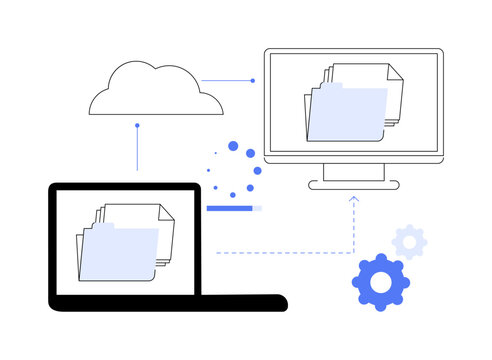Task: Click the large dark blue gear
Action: point(380,283)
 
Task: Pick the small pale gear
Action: point(409,241)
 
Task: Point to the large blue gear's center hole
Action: point(380,283)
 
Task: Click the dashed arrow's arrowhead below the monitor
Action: point(353,199)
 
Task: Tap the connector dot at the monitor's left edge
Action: point(253,80)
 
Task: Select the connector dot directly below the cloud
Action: point(137,126)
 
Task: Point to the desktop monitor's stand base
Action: point(353,185)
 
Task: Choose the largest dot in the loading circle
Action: point(234,147)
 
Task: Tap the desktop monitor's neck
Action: point(353,172)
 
